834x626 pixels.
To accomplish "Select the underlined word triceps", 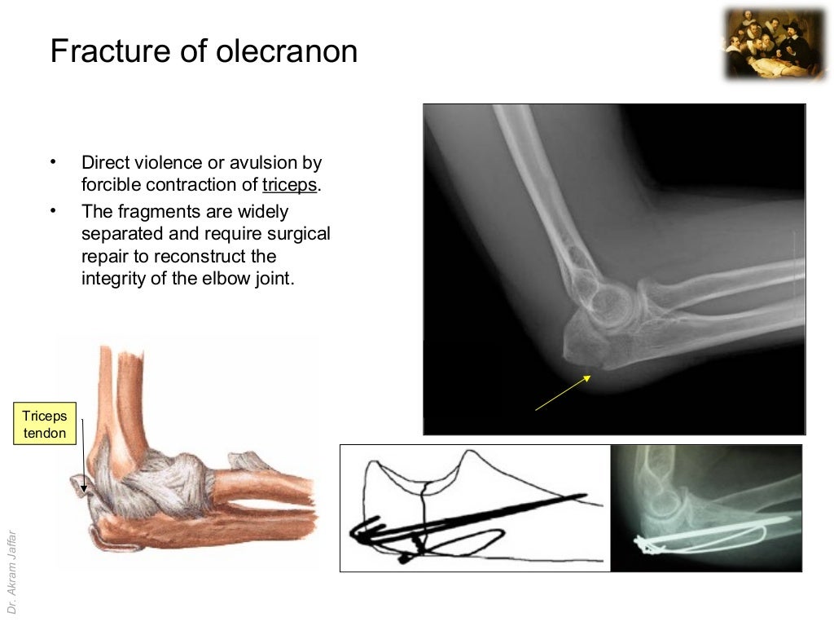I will (289, 185).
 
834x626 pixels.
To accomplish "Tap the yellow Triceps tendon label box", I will (45, 425).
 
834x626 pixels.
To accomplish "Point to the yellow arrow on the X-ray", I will (563, 393).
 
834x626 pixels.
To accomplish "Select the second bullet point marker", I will (54, 211).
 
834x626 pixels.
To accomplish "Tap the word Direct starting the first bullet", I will (102, 162).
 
